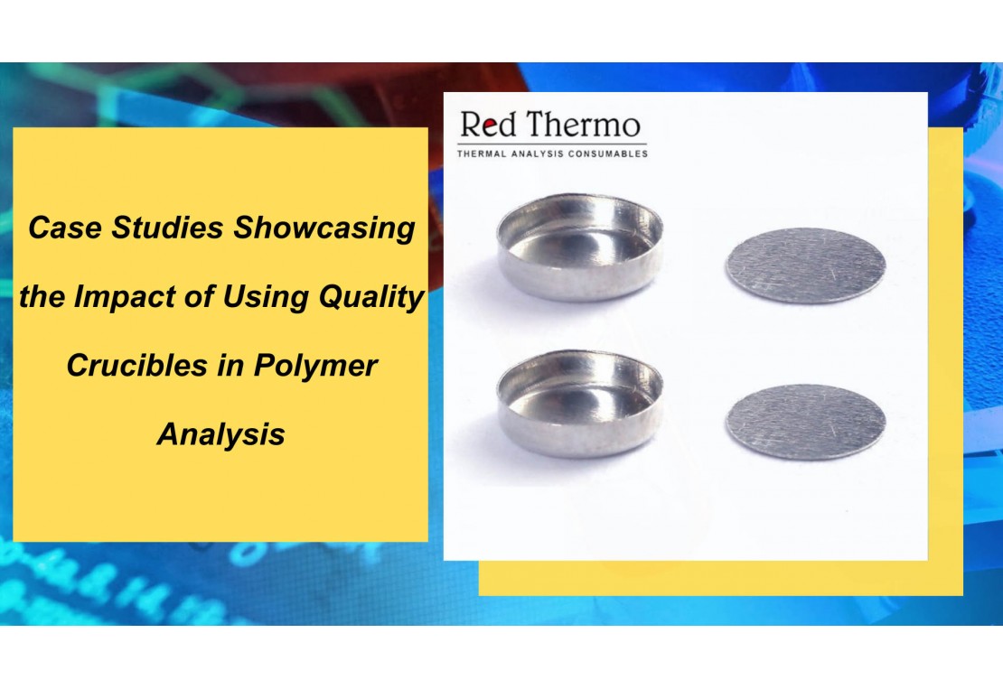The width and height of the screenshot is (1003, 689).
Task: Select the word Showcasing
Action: tap(323, 228)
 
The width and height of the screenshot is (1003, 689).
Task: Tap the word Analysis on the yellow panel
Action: tap(220, 434)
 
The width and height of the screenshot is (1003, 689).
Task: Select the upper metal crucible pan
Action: tap(579, 247)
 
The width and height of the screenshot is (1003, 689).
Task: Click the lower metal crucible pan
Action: tap(579, 403)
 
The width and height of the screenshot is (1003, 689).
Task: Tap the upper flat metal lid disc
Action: tap(805, 265)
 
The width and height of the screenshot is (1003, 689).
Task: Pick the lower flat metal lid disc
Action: tap(805, 422)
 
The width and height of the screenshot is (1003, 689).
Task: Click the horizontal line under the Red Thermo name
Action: tap(552, 144)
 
